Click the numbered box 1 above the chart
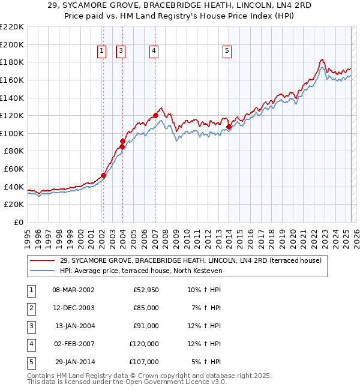click(102, 52)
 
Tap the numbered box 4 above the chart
click(154, 52)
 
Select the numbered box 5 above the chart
click(227, 52)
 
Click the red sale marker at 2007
click(155, 115)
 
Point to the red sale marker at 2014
click(229, 127)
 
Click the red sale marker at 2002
click(103, 176)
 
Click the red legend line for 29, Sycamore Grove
click(43, 260)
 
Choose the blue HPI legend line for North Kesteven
click(43, 271)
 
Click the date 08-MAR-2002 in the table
click(73, 290)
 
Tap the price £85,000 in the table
click(145, 308)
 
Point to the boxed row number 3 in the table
click(31, 326)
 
